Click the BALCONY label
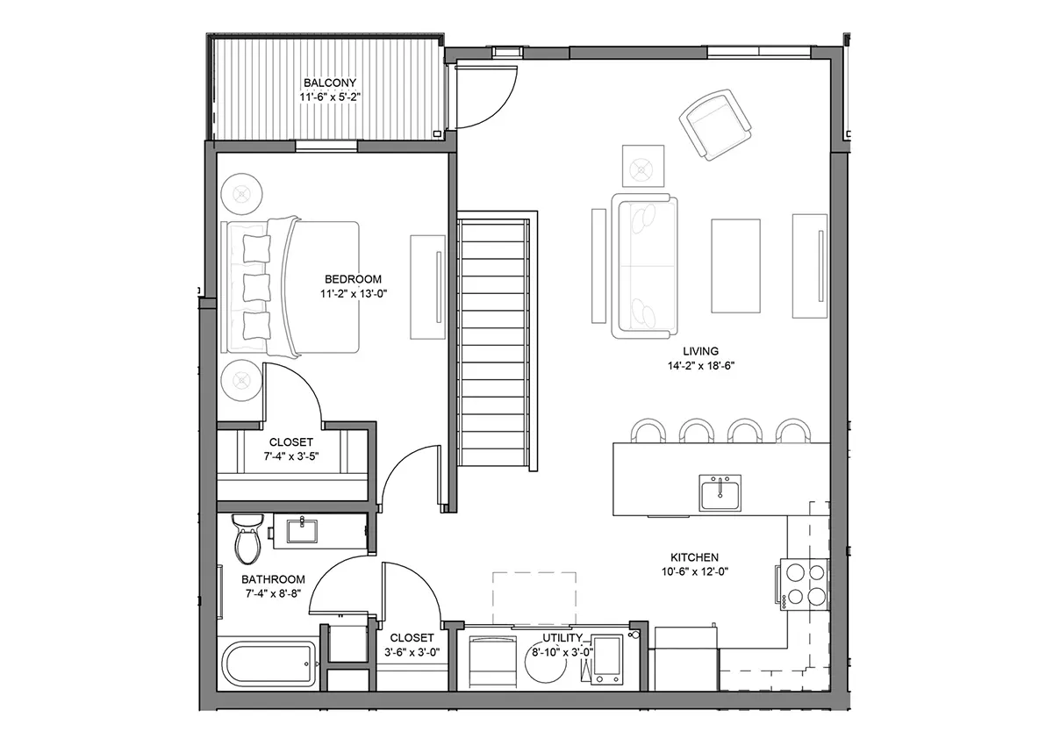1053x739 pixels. tap(330, 83)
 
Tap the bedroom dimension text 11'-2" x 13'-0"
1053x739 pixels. tap(354, 294)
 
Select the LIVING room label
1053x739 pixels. tap(700, 351)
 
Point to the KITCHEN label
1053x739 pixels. tap(694, 557)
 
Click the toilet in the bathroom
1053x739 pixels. tap(247, 538)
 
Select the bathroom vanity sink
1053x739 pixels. tap(302, 531)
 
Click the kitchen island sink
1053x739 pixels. tap(720, 492)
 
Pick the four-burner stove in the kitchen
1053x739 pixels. tap(802, 585)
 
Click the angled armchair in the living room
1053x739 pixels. tap(715, 125)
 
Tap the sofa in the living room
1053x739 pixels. tap(644, 266)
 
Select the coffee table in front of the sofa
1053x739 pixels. tap(735, 266)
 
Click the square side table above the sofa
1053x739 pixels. tap(643, 166)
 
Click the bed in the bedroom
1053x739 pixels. tap(290, 287)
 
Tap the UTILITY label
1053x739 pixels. tap(562, 637)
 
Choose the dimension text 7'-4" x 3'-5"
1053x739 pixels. tap(291, 456)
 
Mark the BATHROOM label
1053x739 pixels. tap(273, 579)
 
